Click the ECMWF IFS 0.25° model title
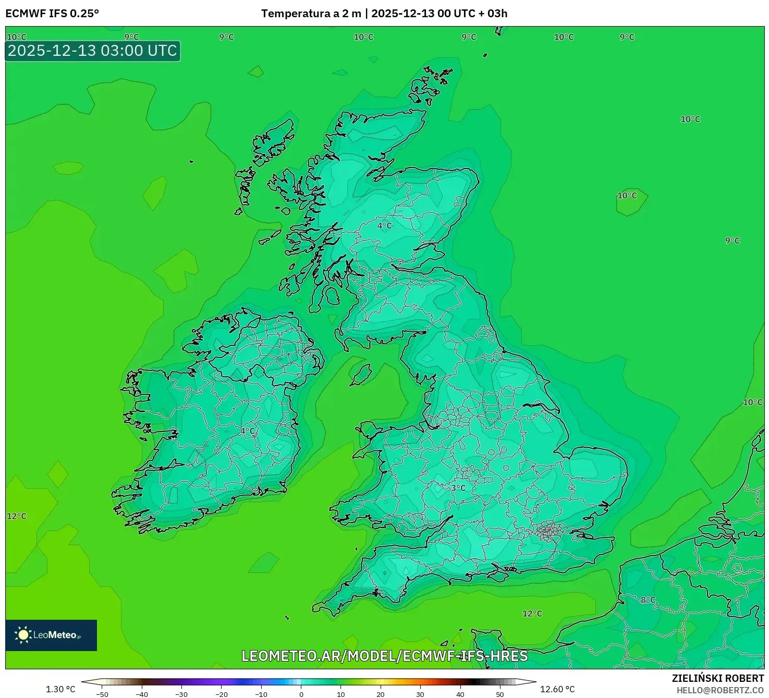(x=52, y=14)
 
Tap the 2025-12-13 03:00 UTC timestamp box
(x=93, y=51)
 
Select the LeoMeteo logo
(x=51, y=635)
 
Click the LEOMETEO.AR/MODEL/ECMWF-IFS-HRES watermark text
(x=385, y=656)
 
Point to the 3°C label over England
(x=458, y=488)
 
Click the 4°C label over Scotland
(x=385, y=226)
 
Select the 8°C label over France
(x=648, y=600)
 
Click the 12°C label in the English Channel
(x=532, y=613)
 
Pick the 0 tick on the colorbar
(x=301, y=694)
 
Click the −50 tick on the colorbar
(x=102, y=694)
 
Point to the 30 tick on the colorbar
(x=420, y=694)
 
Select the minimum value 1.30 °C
(x=60, y=689)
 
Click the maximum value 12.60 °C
(x=557, y=689)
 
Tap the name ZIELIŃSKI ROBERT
(x=718, y=678)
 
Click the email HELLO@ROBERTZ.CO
(x=720, y=690)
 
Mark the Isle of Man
(x=360, y=374)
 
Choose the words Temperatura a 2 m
(x=311, y=14)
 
